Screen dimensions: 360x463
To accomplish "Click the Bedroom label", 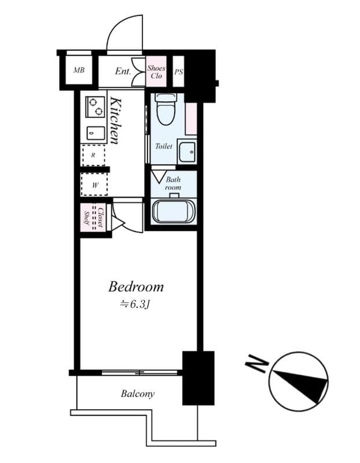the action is coord(136,286).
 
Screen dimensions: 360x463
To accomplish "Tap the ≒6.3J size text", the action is coord(135,304).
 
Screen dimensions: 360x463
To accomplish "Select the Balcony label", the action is coord(138,394).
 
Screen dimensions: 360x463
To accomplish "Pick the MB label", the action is coord(79,70).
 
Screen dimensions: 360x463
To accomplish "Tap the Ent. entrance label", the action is coord(123,71).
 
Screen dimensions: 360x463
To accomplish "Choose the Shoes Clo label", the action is coord(156,72).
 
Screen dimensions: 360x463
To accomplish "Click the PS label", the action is coord(179,72).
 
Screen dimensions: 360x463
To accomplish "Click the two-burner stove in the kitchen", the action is coord(95,107).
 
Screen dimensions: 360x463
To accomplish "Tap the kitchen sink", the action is coord(95,133).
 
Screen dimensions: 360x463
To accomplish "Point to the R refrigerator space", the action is coord(93,155).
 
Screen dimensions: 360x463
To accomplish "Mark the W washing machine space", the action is coord(95,185).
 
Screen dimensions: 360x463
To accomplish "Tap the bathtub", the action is coord(174,211).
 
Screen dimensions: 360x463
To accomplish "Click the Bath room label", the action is coord(173,183).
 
